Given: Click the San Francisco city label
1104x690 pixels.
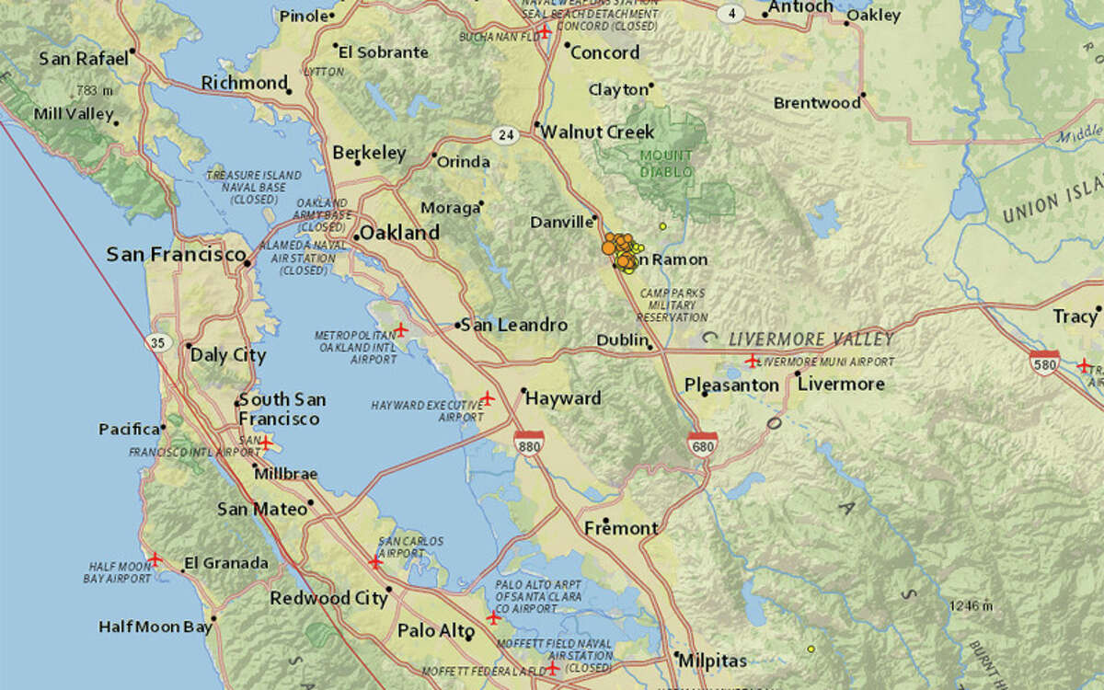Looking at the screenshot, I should pos(176,254).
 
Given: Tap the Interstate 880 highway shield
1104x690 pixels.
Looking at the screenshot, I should pos(528,443).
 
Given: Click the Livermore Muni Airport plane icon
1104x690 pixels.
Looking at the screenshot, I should pos(753,360).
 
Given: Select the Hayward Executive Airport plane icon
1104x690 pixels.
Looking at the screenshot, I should pos(488,398).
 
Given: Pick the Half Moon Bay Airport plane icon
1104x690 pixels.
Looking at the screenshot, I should pos(155,558).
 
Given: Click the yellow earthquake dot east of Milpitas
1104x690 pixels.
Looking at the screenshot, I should pos(811,649).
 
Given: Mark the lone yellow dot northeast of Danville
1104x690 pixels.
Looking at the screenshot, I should pos(662,225).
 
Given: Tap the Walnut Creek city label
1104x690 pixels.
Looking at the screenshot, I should pos(597,132).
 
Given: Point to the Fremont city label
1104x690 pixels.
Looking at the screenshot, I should pos(621,528).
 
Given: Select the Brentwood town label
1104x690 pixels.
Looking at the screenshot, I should pos(816,103).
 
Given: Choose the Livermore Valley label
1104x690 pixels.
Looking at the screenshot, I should pos(811,339).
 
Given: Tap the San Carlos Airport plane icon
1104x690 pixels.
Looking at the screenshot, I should pos(374,561).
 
